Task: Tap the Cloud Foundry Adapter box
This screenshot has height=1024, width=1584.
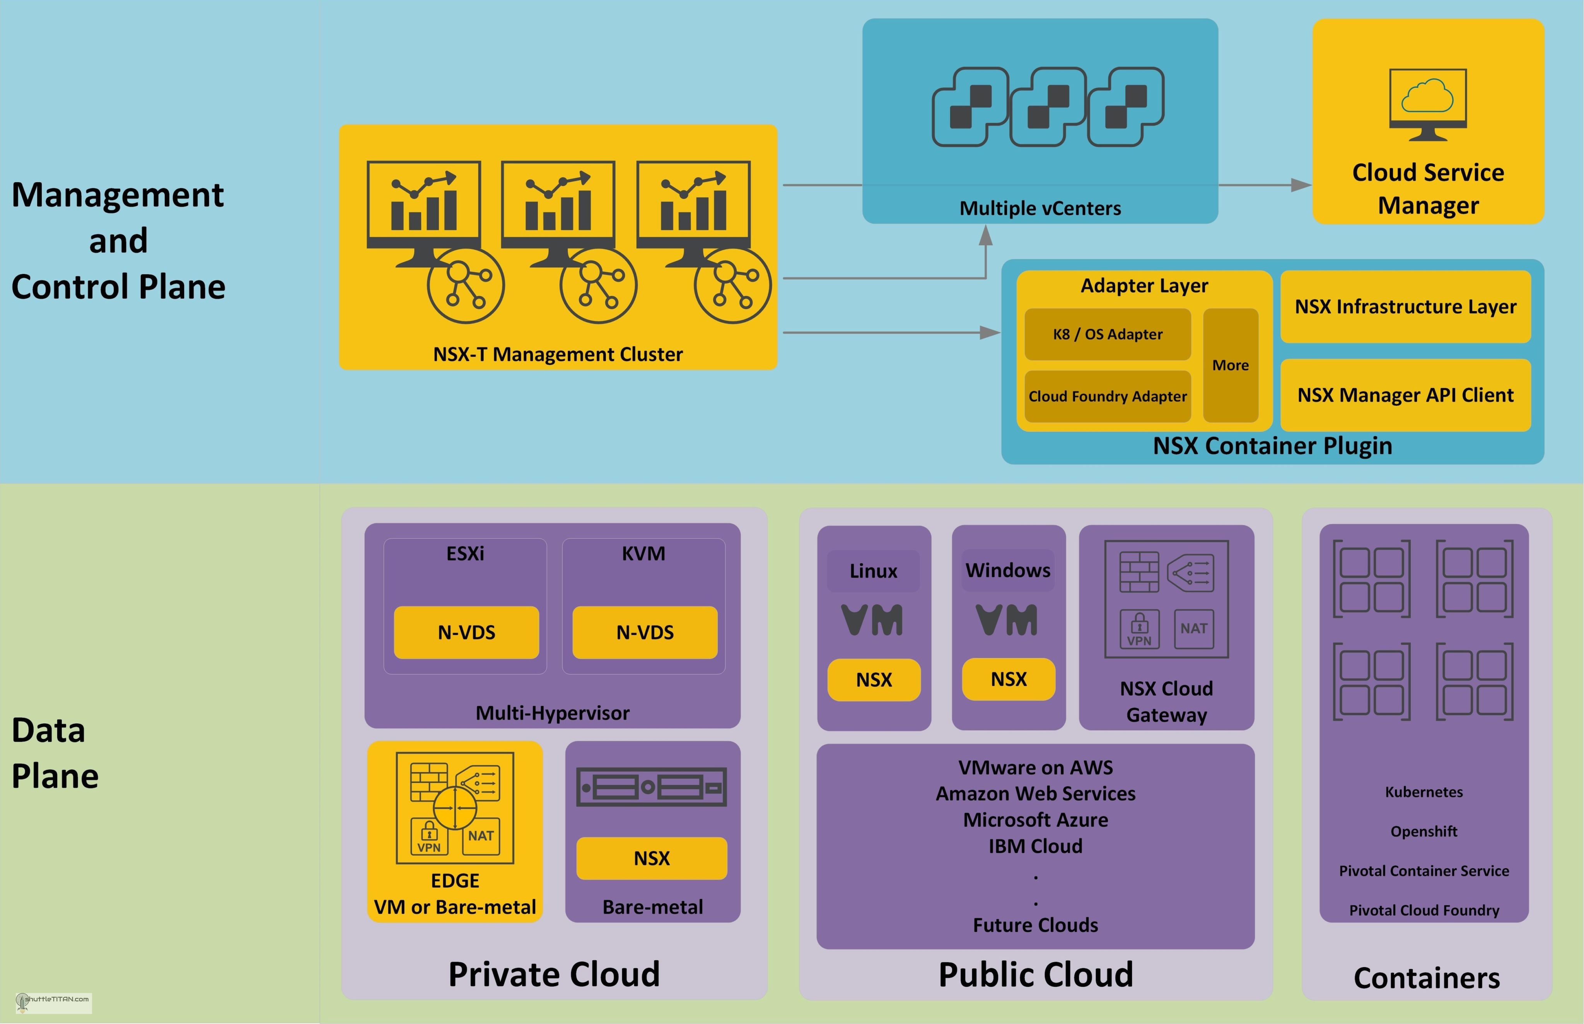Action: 1108,396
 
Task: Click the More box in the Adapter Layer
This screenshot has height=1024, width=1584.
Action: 1231,365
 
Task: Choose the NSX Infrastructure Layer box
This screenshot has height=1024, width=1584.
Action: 1405,306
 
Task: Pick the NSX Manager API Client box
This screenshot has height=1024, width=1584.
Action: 1405,395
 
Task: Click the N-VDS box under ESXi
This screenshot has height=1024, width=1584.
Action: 466,633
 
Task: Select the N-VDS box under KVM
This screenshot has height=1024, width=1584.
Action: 645,633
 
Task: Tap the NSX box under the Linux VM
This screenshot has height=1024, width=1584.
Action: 874,680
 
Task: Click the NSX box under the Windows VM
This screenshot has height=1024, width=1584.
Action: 1008,679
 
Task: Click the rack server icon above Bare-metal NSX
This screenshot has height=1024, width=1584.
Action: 651,787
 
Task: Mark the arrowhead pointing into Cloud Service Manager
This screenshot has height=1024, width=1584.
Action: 1300,185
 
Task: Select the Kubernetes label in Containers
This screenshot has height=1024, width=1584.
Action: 1424,792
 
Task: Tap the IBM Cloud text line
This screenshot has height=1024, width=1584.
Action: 1035,846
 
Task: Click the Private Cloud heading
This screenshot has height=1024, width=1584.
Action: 554,974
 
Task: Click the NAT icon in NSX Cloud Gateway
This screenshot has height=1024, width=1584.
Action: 1194,628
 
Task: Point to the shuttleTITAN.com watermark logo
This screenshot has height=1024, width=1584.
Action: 54,1002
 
